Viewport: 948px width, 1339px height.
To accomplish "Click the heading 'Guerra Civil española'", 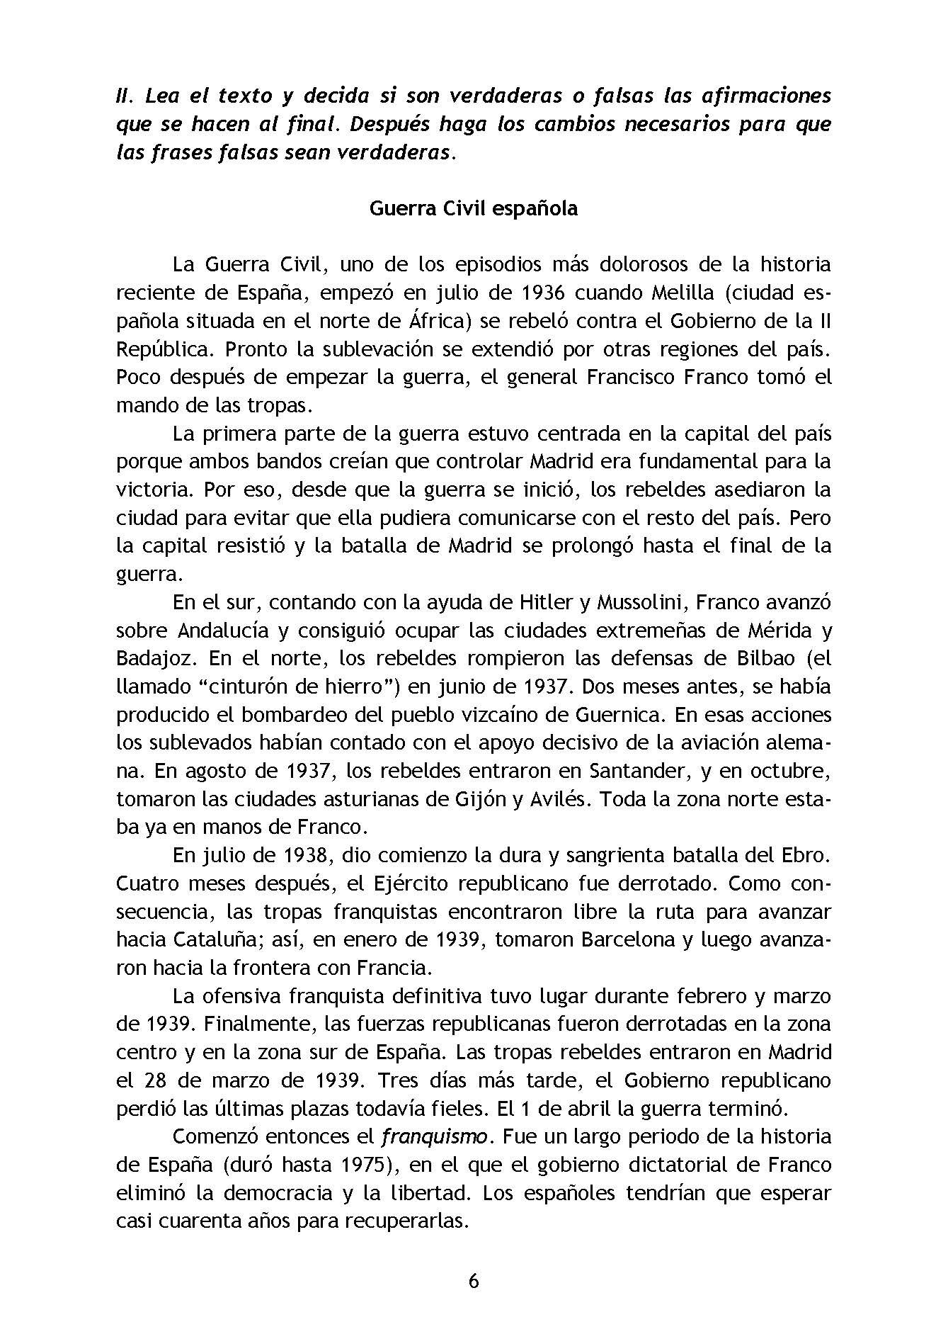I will [x=474, y=209].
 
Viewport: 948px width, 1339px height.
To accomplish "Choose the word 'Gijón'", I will [x=478, y=799].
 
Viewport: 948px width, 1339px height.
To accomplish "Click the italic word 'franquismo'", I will [x=434, y=1137].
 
